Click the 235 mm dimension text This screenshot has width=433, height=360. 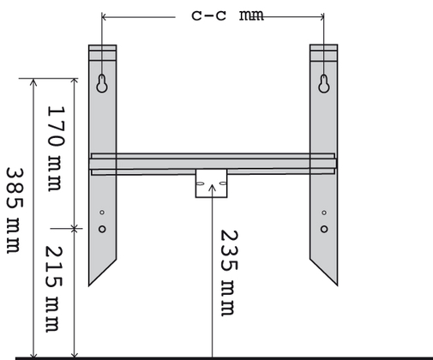coord(228,272)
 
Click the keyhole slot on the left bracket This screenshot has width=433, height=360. coord(102,84)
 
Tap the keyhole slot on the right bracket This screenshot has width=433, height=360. coord(323,84)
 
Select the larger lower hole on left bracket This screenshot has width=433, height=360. coord(102,229)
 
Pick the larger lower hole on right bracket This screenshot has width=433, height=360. coord(323,229)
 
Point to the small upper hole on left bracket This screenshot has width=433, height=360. coord(102,213)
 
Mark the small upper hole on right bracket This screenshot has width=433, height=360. coord(323,213)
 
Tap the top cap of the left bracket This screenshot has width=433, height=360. coord(102,51)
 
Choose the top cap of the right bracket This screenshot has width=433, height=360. coord(323,51)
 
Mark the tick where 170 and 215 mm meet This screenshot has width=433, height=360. coord(75,228)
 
